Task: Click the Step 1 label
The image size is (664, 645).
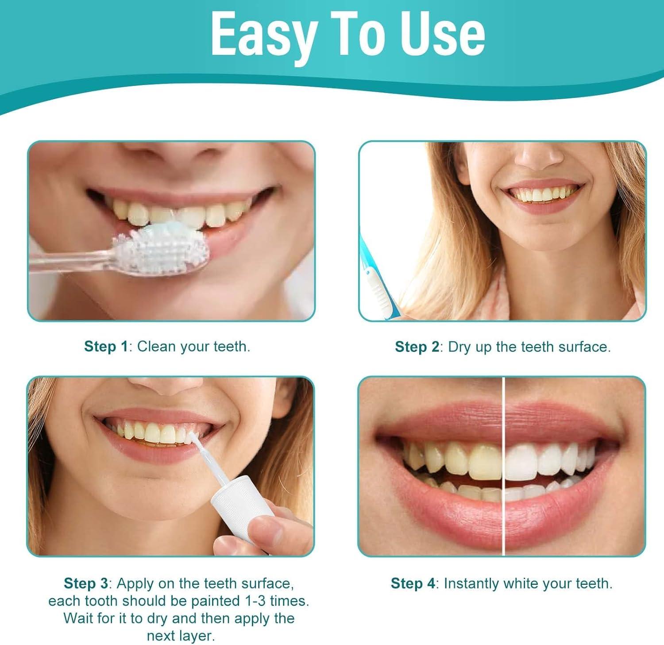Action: tap(106, 346)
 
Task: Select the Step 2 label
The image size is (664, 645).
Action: tap(417, 347)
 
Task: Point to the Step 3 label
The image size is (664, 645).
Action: tap(86, 583)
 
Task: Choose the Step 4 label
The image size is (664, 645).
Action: tap(413, 583)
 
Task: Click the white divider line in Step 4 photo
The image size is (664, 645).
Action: tap(504, 465)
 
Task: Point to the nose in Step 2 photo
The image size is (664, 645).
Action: tap(537, 157)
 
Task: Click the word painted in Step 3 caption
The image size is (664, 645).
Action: tap(216, 601)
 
